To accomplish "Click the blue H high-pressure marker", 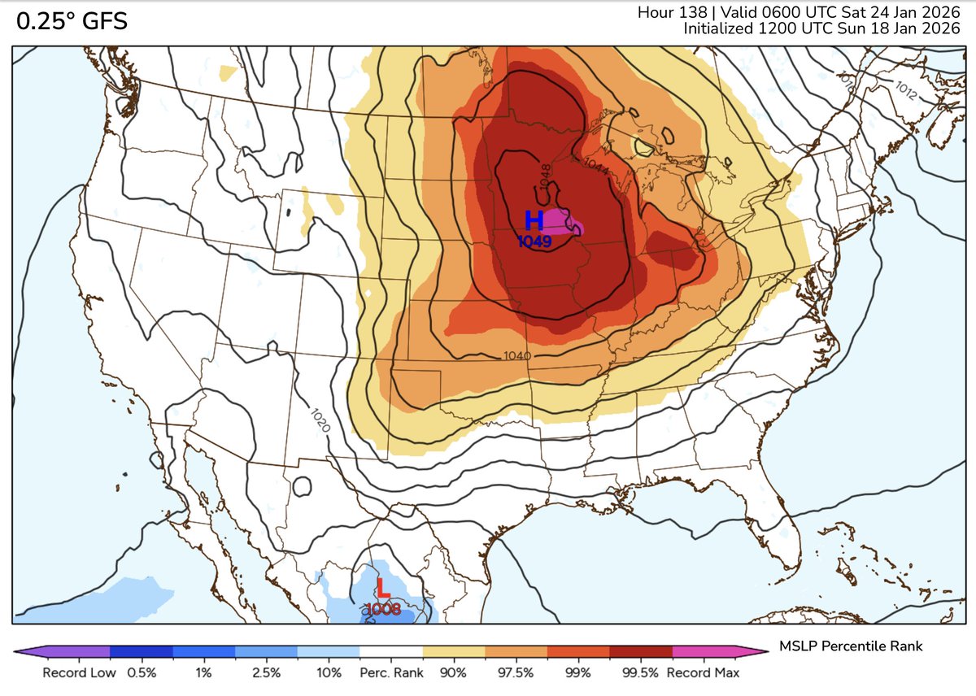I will tap(534, 220).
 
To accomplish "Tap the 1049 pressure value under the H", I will tap(534, 241).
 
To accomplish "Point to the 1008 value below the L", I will tap(382, 608).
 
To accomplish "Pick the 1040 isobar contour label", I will tap(517, 356).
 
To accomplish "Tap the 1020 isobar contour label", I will tap(320, 419).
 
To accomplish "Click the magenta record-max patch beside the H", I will tap(560, 221).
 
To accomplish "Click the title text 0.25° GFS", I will tap(72, 22).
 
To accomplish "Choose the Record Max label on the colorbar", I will tap(703, 673).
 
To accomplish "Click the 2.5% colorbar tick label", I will tap(266, 673).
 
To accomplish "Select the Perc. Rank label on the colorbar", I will tap(391, 673).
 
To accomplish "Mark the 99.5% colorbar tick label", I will tap(640, 673).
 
